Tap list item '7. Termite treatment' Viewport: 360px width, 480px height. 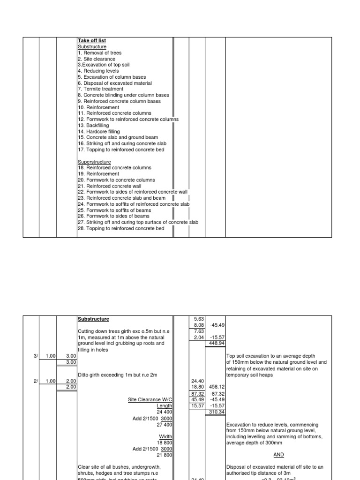(x=101, y=89)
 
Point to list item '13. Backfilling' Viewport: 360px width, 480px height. (x=93, y=126)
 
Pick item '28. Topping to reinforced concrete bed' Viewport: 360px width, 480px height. (x=121, y=229)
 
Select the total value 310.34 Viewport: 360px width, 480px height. (x=216, y=412)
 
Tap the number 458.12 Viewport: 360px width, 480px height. (x=216, y=387)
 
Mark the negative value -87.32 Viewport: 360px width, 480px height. (x=216, y=393)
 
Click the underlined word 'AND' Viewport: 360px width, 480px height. (x=278, y=455)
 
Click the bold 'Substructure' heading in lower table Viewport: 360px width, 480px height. (x=93, y=319)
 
